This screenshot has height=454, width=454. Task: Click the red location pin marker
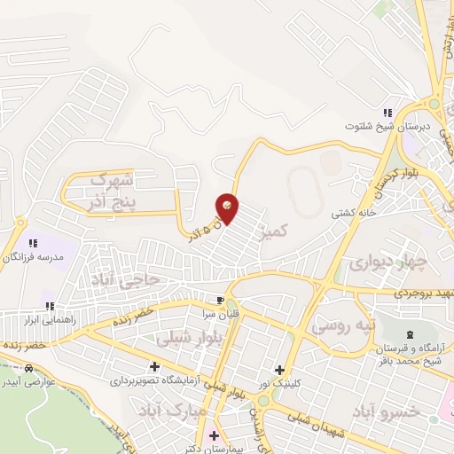tap(228, 208)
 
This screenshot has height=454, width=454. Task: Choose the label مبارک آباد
tap(173, 411)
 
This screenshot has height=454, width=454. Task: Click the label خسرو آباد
tap(385, 414)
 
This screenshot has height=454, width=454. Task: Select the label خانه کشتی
tap(355, 213)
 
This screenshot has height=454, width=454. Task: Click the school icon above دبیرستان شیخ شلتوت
tap(387, 113)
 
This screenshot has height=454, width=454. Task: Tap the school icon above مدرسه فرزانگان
tap(34, 242)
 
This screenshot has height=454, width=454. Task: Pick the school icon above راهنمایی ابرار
tap(48, 306)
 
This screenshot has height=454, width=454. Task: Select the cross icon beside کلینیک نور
tap(279, 370)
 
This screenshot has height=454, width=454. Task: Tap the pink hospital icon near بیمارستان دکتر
tap(213, 436)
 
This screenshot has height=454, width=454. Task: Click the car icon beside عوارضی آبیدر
tap(29, 367)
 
